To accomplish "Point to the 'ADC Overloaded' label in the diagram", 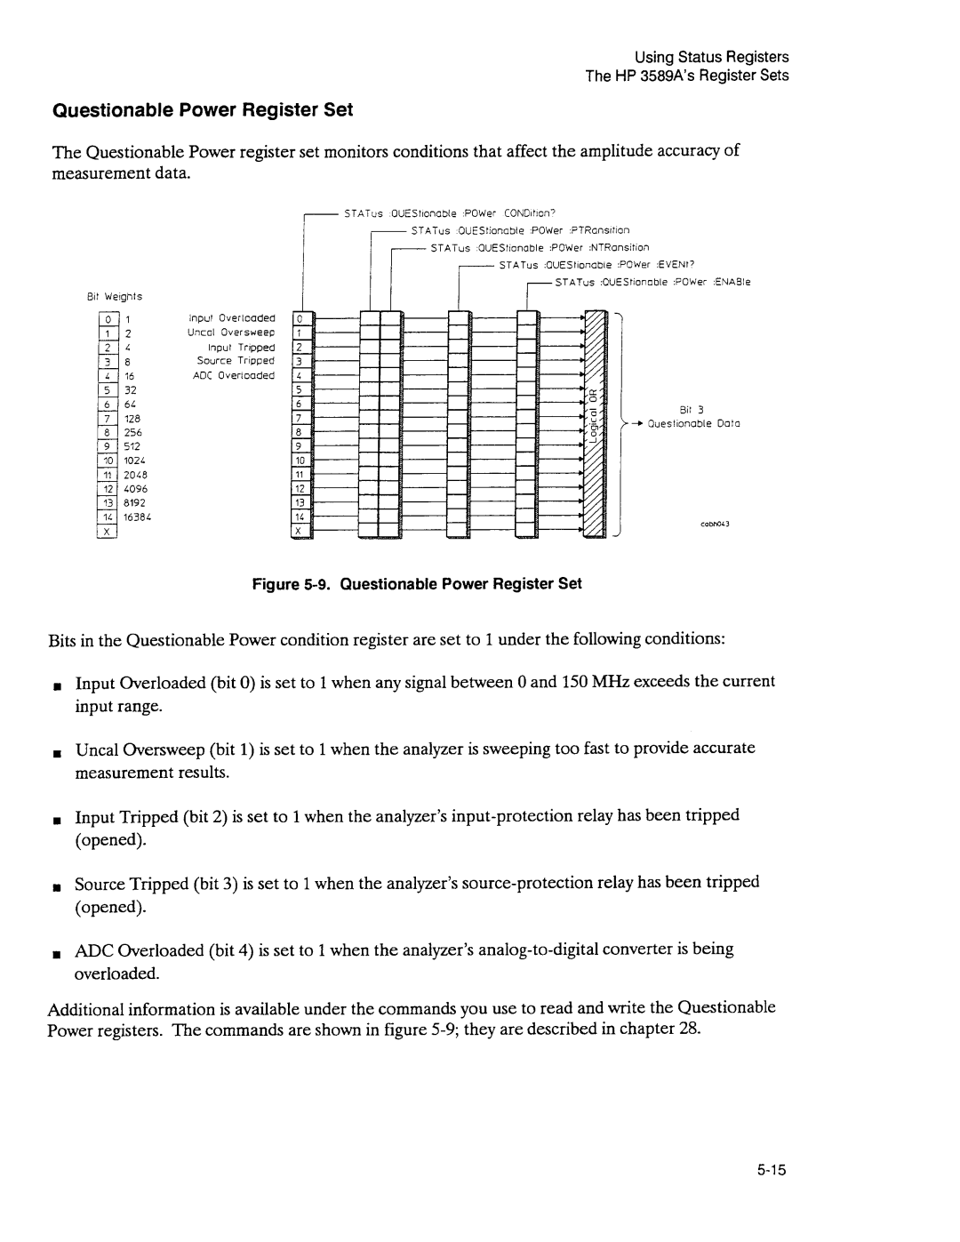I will pos(235,375).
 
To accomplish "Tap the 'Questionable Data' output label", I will pos(694,424).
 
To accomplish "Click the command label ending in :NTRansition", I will pos(540,247).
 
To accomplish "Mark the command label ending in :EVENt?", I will pos(596,264).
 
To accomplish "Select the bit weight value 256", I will pos(133,432).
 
